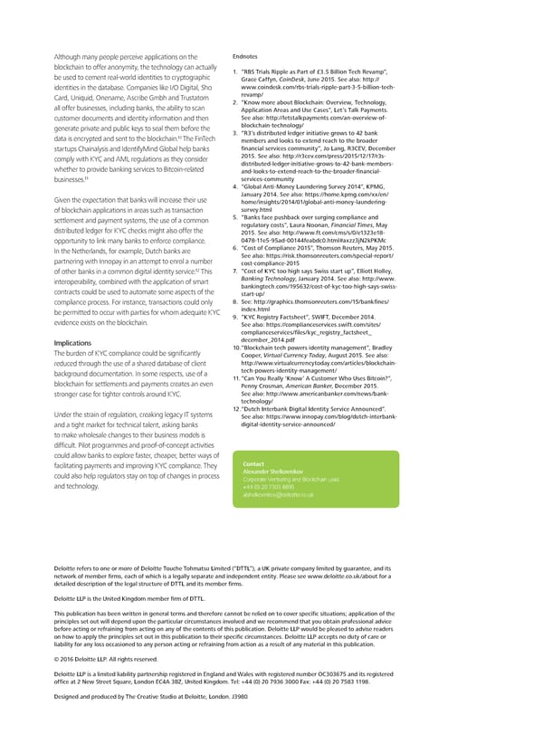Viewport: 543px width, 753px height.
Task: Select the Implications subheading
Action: [79, 343]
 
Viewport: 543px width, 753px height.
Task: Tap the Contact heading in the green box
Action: [254, 463]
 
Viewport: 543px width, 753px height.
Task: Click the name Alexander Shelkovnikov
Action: [278, 472]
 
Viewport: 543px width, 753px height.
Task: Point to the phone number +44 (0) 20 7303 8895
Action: [270, 487]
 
